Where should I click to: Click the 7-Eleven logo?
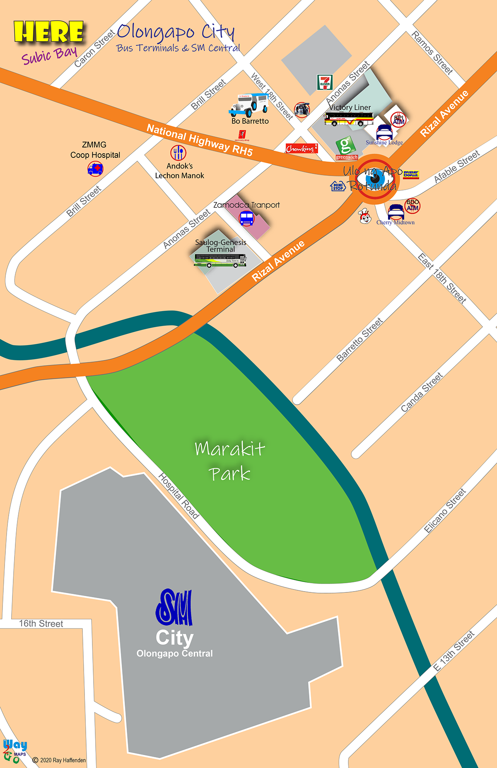point(325,82)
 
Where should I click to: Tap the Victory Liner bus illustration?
point(349,119)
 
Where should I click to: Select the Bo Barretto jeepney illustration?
point(249,105)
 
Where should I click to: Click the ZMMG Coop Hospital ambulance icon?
point(95,169)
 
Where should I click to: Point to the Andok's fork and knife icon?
point(179,153)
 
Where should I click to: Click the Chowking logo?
point(302,148)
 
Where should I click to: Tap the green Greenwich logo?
point(346,146)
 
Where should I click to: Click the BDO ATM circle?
point(413,205)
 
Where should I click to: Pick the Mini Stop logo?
point(338,186)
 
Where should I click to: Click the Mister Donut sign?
point(411,174)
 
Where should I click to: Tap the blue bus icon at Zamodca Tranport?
point(246,218)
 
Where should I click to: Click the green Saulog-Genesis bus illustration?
point(220,261)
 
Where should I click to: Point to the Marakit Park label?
point(230,461)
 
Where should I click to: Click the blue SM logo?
point(174,607)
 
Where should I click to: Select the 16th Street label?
point(41,623)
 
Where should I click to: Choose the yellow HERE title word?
point(49,32)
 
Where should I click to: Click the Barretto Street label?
point(359,340)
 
